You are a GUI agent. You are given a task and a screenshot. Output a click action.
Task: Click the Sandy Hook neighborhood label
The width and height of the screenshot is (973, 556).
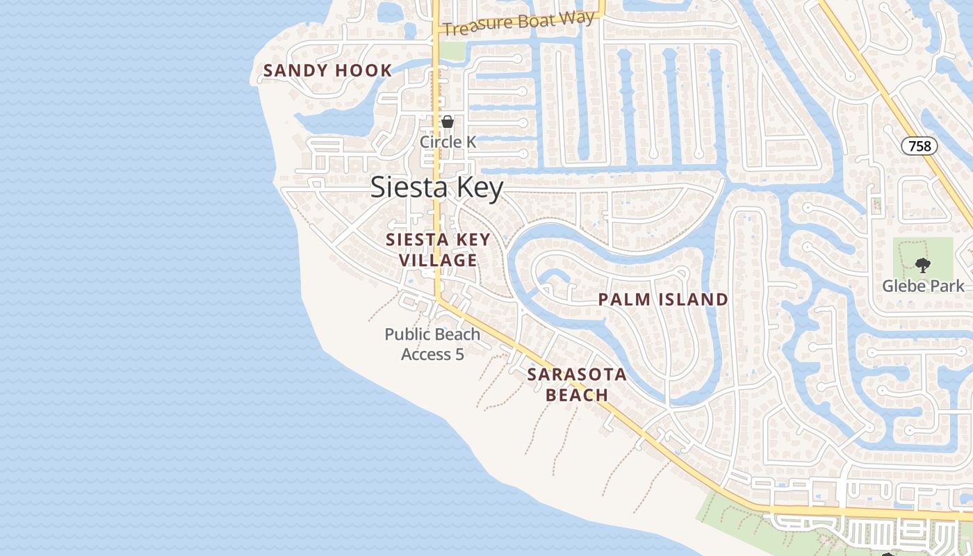click(x=327, y=70)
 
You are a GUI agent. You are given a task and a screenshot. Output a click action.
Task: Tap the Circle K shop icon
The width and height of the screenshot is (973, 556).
click(x=448, y=122)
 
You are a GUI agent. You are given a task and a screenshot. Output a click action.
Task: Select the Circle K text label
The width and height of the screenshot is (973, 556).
click(x=448, y=142)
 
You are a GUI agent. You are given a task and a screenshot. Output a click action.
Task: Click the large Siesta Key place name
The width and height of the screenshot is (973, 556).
click(x=436, y=188)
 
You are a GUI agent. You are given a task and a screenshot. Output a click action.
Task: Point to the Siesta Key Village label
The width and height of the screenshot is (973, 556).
click(x=438, y=250)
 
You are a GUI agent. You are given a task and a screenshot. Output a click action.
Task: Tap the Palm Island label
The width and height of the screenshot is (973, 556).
click(x=663, y=300)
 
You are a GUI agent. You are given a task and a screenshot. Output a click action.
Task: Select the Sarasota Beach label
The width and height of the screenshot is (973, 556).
click(x=576, y=384)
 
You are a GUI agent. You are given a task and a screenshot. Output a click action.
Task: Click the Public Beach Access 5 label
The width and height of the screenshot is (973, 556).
click(x=432, y=344)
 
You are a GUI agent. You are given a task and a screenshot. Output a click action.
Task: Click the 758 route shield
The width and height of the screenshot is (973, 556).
click(x=919, y=146)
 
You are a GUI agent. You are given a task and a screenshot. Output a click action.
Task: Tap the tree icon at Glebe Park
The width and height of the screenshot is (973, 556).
click(x=922, y=265)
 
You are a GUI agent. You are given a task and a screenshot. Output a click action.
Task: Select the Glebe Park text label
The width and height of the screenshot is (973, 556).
click(x=923, y=286)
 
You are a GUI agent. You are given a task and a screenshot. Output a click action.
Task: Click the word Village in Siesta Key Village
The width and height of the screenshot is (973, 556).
click(x=438, y=261)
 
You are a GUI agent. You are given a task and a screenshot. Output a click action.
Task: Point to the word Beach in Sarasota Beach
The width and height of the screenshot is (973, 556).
click(x=576, y=395)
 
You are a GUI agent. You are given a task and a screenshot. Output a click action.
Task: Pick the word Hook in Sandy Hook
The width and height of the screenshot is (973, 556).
click(x=361, y=70)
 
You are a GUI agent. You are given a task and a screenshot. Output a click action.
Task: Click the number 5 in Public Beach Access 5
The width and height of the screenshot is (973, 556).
click(x=459, y=354)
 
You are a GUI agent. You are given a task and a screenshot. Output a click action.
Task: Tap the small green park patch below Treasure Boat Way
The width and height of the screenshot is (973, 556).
click(x=452, y=51)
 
